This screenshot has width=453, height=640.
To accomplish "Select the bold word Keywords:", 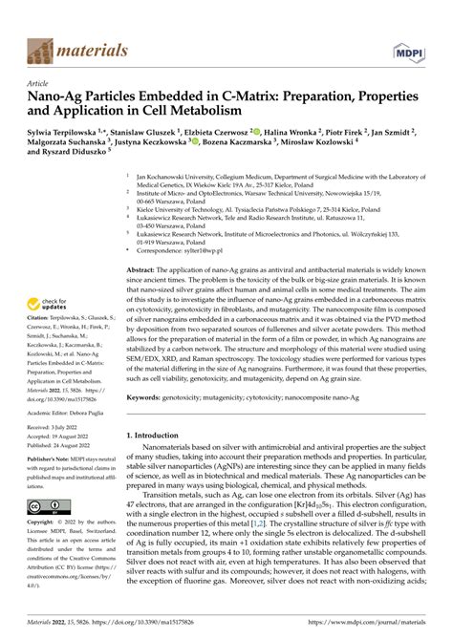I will pos(146,396).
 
